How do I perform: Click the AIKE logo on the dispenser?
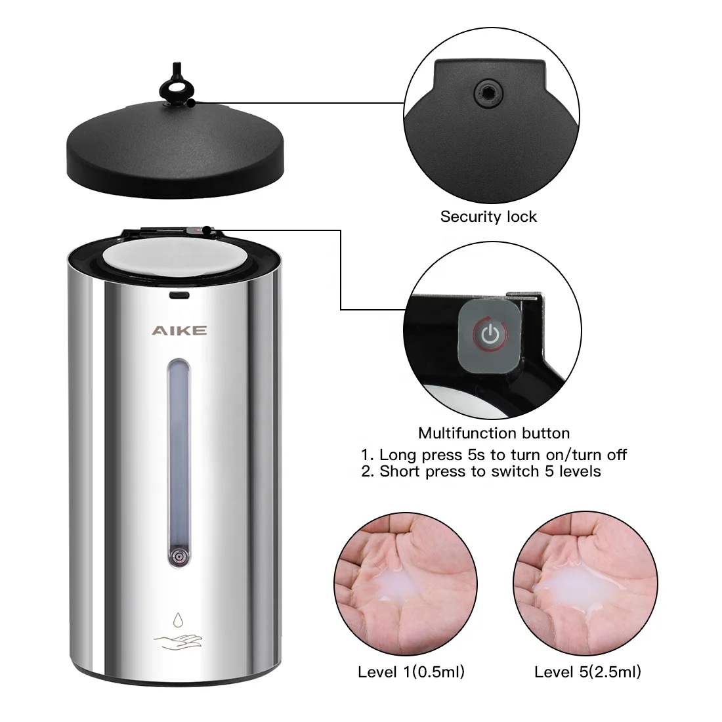coord(179,330)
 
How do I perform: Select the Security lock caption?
coord(488,217)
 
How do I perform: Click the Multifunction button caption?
coord(494,433)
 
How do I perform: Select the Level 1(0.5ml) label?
coord(411,672)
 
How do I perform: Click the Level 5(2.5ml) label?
coord(587,672)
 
